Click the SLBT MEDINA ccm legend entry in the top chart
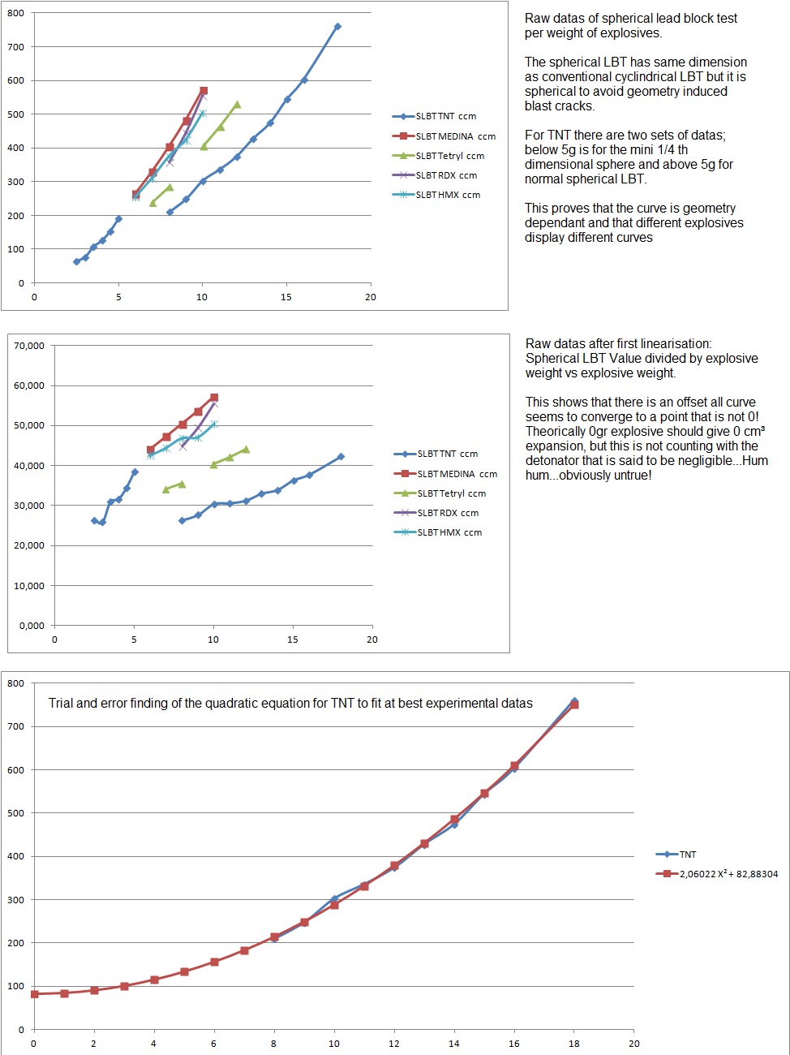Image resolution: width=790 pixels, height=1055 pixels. (455, 136)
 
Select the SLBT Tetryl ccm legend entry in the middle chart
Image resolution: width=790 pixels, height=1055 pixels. (451, 493)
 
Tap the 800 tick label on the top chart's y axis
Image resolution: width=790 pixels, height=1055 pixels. (15, 14)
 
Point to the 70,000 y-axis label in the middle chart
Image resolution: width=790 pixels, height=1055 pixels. (29, 346)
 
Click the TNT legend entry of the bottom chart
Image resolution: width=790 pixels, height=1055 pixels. (687, 855)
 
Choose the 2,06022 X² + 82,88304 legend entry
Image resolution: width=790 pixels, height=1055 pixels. (728, 874)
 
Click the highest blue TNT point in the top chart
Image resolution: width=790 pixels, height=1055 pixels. (337, 27)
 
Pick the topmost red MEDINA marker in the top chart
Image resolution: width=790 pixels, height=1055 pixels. (204, 91)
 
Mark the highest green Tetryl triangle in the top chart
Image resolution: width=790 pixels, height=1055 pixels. (237, 104)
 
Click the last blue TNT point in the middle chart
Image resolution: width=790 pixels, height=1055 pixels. (341, 457)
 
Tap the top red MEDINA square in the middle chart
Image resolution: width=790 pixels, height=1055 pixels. (214, 398)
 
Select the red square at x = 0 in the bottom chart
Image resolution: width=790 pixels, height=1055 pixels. (34, 994)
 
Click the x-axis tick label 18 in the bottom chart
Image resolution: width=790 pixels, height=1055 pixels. (574, 1044)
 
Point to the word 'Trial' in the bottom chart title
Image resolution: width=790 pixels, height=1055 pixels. (61, 703)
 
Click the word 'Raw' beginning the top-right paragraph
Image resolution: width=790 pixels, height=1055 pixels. (536, 18)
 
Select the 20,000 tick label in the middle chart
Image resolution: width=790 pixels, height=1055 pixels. (29, 545)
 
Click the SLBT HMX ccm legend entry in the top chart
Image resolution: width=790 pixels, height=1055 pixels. (448, 195)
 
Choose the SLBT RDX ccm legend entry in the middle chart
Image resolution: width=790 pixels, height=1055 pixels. (448, 513)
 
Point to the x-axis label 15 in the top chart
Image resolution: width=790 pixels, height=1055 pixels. (286, 297)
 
